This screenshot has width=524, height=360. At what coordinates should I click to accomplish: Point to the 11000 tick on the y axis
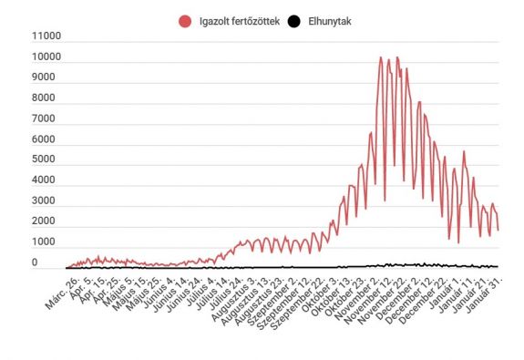[46, 37]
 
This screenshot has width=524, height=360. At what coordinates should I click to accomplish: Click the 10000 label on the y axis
[46, 58]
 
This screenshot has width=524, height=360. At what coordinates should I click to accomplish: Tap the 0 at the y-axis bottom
[36, 262]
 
